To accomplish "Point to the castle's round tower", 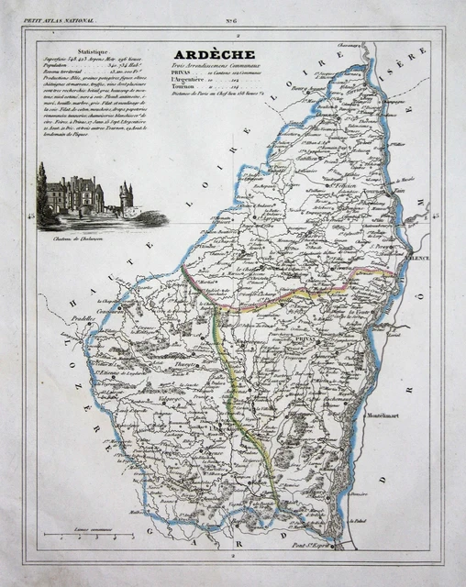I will tap(126, 195).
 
